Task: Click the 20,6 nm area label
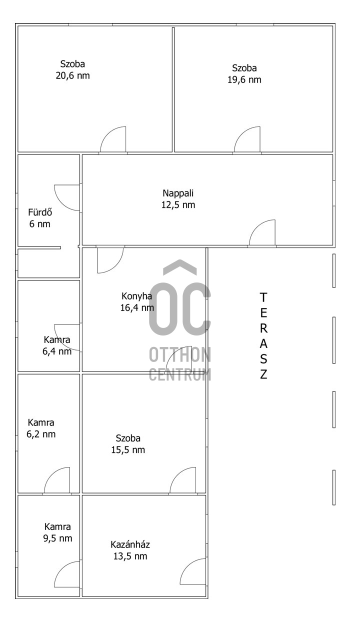72,75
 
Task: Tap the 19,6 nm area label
244,79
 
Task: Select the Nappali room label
178,193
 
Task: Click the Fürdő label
40,212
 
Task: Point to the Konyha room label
136,296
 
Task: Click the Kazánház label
130,544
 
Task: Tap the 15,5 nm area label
128,450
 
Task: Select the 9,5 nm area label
57,538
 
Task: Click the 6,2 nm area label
41,434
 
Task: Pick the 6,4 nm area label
57,351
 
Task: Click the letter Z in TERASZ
263,374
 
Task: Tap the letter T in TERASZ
263,297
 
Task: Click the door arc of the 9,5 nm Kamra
61,568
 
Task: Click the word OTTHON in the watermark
180,354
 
